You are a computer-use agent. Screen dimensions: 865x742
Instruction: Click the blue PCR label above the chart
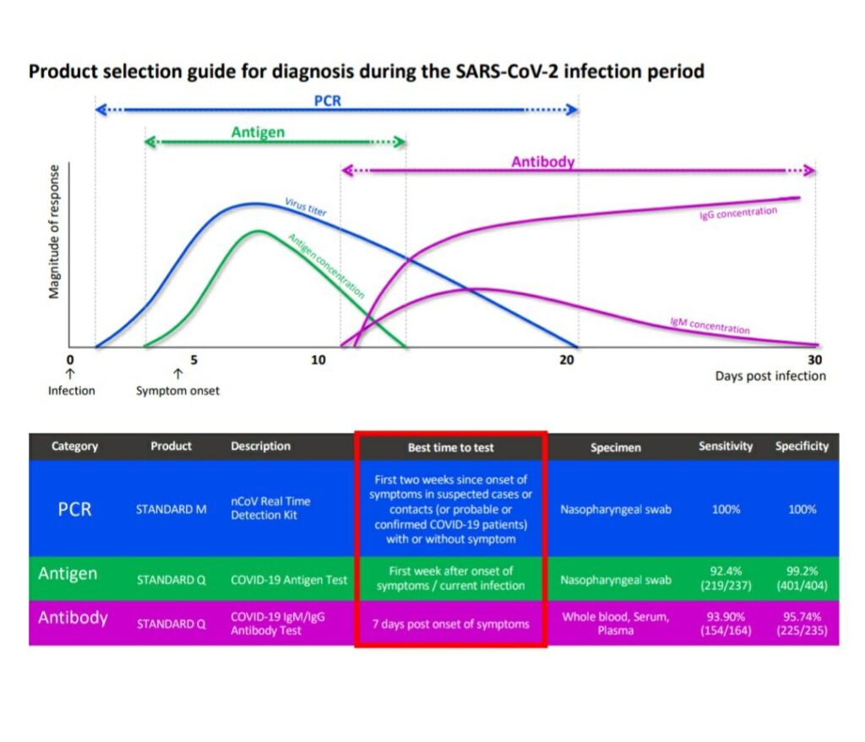[328, 101]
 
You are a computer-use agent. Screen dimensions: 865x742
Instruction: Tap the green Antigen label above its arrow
[258, 133]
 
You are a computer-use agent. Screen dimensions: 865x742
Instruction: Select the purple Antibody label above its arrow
[543, 161]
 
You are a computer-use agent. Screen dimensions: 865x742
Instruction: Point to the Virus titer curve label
[306, 207]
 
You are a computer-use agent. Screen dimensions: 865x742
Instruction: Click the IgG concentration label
[738, 213]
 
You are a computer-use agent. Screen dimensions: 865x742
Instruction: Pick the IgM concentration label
[710, 325]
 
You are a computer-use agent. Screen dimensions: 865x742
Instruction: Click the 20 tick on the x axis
[567, 360]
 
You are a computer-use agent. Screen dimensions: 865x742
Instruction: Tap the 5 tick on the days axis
[193, 360]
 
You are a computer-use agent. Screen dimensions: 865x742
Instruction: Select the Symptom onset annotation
[177, 391]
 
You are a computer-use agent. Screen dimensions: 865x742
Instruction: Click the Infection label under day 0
[71, 391]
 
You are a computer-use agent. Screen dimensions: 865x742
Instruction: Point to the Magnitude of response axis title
[54, 232]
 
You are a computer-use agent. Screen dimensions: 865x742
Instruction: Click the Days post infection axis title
[770, 376]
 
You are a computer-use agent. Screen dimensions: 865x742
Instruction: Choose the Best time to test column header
[451, 448]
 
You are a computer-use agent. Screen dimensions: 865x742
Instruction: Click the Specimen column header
[616, 448]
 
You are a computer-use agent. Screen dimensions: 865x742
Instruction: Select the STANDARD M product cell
[171, 510]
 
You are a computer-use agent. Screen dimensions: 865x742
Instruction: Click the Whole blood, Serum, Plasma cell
[616, 624]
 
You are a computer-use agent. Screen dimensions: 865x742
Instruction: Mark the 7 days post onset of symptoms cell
[451, 624]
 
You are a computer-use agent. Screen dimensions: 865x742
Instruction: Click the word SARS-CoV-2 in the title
[507, 72]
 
